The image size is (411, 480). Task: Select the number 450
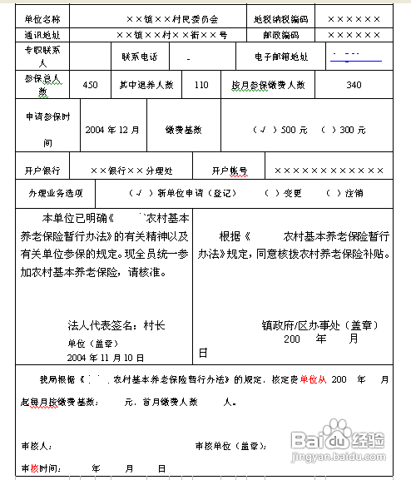[x=91, y=85]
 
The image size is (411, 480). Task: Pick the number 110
[x=201, y=85]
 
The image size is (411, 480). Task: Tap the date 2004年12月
[x=111, y=130]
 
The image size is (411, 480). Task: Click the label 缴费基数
[x=181, y=130]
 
